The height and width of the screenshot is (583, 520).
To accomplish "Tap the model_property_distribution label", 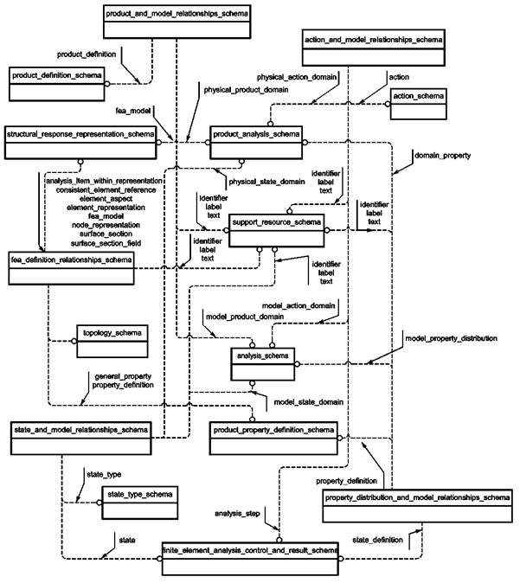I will pos(451,337).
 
